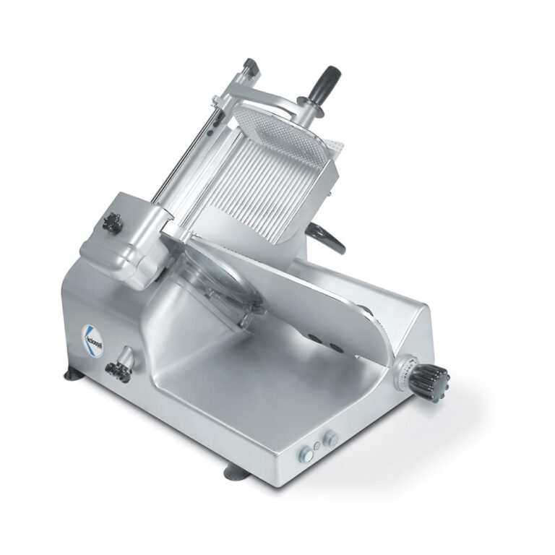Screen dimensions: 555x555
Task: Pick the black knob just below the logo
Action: point(115,371)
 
